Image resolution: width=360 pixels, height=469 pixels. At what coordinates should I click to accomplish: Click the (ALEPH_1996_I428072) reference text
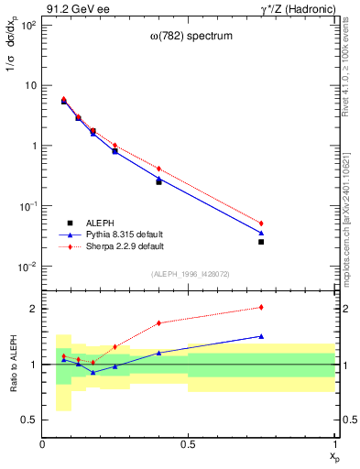190,274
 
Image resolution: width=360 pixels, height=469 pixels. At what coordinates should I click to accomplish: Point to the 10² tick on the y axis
27,25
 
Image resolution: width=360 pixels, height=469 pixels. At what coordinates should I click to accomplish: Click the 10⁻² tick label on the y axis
27,267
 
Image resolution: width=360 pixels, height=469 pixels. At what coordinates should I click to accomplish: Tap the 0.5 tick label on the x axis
189,444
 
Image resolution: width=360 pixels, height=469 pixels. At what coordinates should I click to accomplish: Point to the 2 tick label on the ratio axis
32,309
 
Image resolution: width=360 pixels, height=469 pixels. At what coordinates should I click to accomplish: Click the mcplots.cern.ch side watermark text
351,220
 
